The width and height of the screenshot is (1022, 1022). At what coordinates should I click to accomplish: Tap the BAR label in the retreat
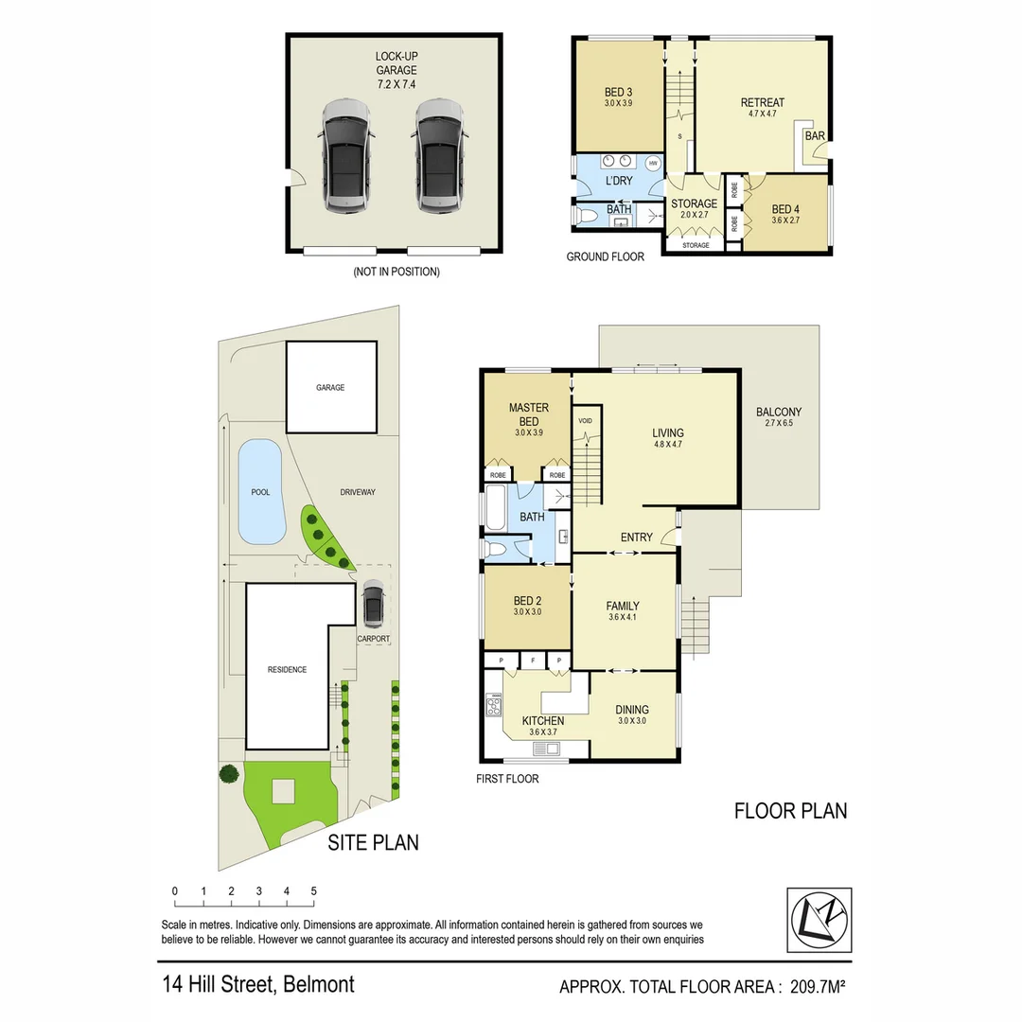814,136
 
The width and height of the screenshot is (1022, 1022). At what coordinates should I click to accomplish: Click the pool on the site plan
261,491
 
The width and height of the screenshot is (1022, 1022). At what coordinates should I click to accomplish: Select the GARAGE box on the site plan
330,387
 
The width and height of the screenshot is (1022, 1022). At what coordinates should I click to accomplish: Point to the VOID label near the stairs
585,420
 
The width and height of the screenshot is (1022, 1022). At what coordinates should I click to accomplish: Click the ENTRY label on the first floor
636,537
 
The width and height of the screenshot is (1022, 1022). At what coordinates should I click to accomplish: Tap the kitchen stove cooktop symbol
494,706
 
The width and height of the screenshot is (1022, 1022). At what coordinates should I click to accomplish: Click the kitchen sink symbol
546,749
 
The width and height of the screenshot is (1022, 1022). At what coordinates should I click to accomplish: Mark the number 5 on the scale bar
313,891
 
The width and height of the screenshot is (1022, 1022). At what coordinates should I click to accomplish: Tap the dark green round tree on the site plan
229,774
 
